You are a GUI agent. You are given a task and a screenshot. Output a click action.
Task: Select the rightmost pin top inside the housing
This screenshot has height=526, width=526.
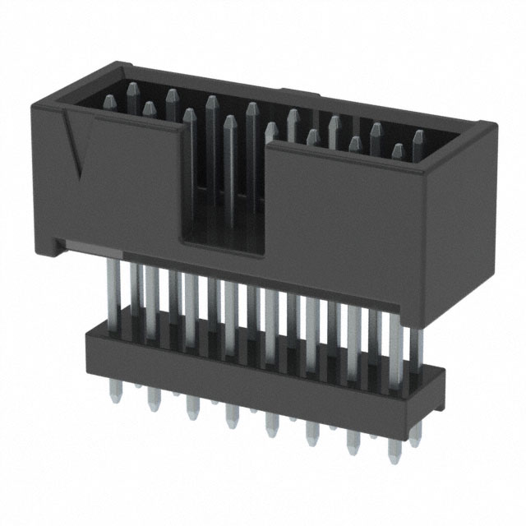pyautogui.click(x=418, y=136)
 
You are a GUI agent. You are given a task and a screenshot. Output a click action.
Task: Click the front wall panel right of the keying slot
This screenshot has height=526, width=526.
pyautogui.click(x=345, y=214)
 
